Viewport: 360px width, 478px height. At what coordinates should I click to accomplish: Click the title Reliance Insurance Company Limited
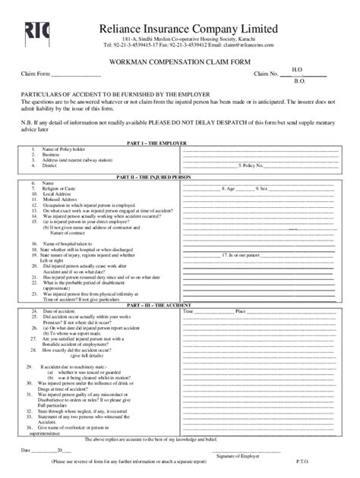click(194, 29)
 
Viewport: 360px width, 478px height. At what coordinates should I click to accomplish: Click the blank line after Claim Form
click(77, 74)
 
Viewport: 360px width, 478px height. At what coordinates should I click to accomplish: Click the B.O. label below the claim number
click(299, 80)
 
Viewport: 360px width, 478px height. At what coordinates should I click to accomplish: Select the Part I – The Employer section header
click(180, 142)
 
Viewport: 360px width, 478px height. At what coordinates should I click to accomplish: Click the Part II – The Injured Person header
click(180, 177)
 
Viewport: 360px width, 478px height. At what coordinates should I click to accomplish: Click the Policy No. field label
click(251, 165)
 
